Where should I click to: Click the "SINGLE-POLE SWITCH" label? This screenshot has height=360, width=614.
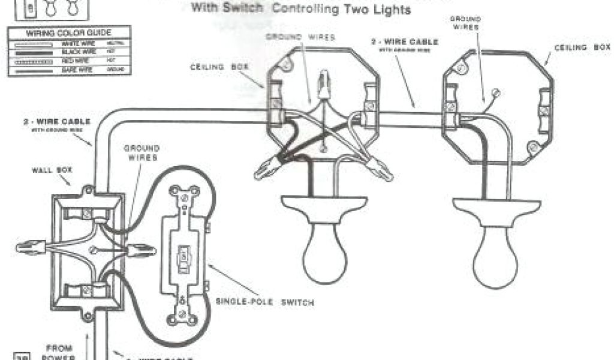264,302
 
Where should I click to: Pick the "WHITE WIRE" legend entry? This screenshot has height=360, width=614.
75,44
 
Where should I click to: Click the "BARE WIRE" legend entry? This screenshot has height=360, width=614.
75,70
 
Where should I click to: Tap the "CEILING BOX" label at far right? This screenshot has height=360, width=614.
582,47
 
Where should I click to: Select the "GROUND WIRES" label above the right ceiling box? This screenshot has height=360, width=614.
465,23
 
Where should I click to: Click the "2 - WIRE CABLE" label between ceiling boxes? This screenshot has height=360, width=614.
402,42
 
